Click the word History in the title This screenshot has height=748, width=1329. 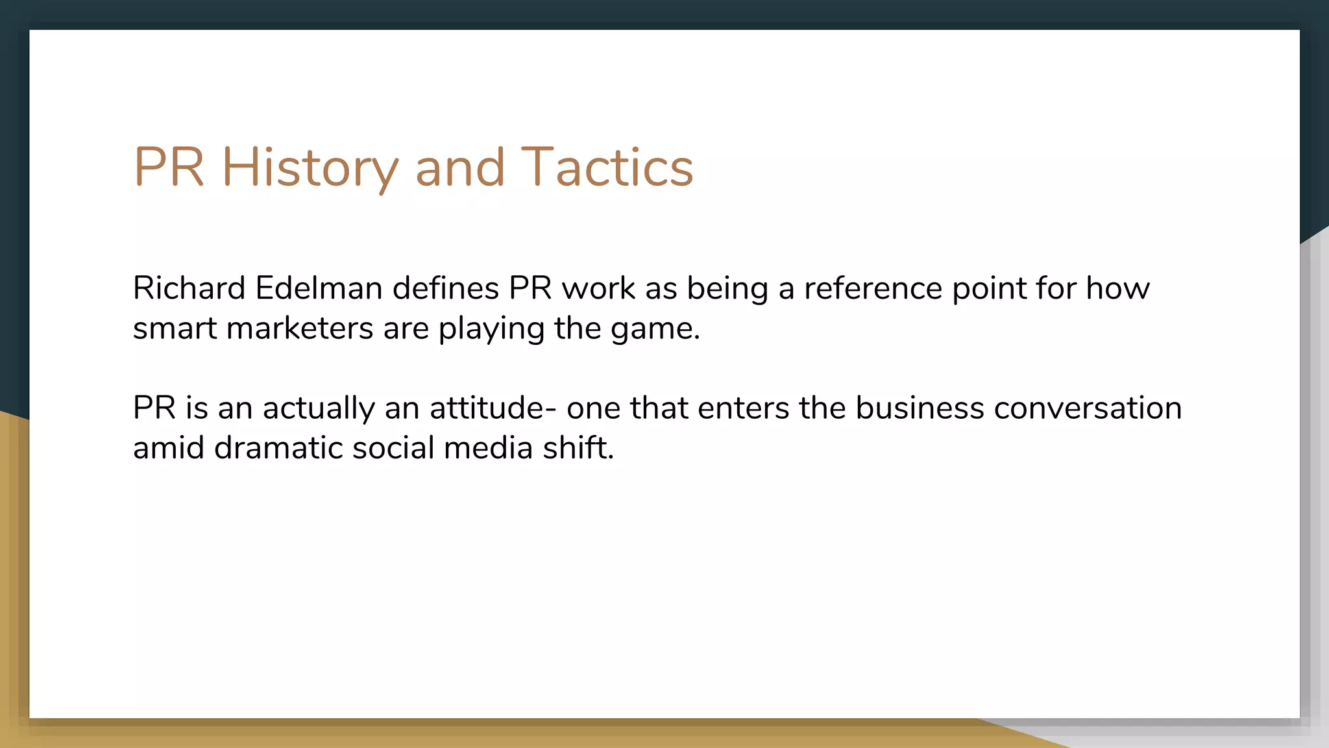[310, 168]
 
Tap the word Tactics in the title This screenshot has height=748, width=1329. [607, 168]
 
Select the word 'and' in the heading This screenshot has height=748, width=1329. [459, 168]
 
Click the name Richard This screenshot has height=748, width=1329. [189, 288]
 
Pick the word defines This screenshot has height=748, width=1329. [445, 288]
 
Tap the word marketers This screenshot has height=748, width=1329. [299, 329]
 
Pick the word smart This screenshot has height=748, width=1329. [175, 329]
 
